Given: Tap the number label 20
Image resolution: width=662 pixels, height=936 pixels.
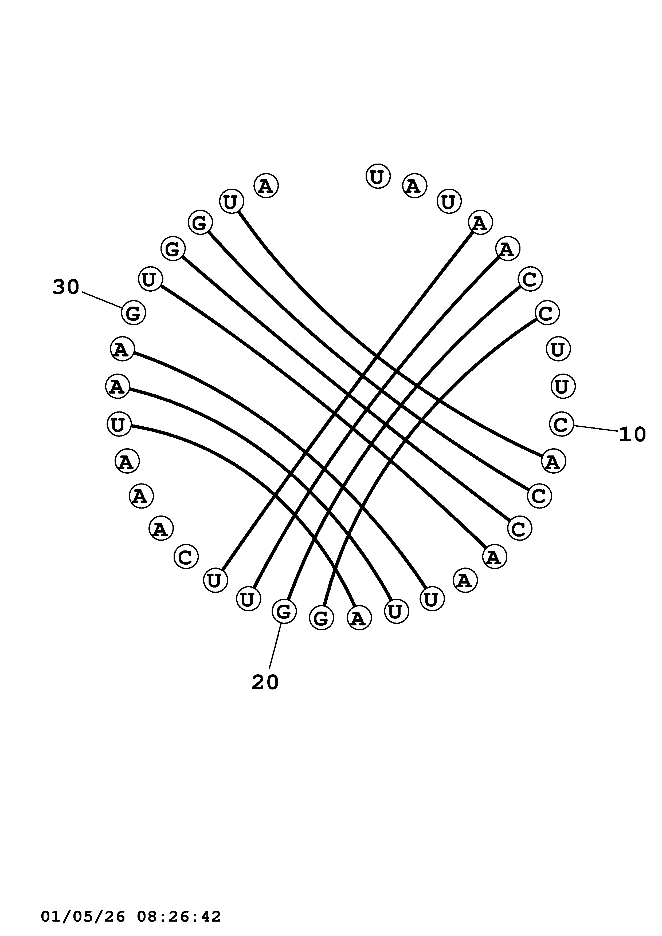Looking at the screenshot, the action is click(x=265, y=682).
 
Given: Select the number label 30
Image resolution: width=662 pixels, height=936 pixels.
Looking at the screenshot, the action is click(x=66, y=287).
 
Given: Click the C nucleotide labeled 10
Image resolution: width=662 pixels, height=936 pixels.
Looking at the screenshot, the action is click(x=561, y=425).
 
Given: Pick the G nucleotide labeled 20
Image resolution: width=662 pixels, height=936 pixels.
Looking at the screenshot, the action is click(x=284, y=611).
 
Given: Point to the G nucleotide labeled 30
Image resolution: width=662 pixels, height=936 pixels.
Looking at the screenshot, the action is click(x=133, y=313).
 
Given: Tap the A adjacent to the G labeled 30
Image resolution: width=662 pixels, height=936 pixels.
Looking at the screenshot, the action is click(x=122, y=349).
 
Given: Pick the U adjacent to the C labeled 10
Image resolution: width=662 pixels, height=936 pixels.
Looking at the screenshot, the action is click(x=563, y=386).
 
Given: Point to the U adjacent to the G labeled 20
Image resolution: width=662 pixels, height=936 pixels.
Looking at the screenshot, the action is click(x=248, y=599).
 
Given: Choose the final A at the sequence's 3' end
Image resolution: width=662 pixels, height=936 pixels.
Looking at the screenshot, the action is click(x=266, y=186).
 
